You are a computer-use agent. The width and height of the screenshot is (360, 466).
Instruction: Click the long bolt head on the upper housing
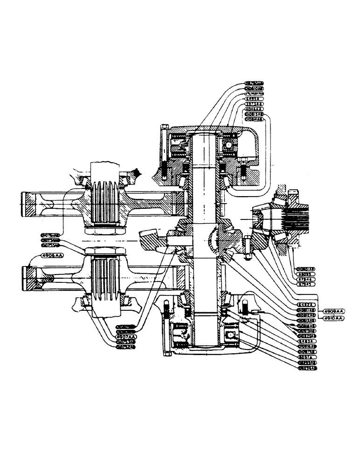pos(164,128)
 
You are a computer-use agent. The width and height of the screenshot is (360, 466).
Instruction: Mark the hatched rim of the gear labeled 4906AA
pos(29,279)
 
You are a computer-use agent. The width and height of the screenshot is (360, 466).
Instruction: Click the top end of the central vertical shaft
pos(204,137)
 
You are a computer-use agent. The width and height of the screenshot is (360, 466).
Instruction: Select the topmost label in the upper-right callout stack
pos(254,83)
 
